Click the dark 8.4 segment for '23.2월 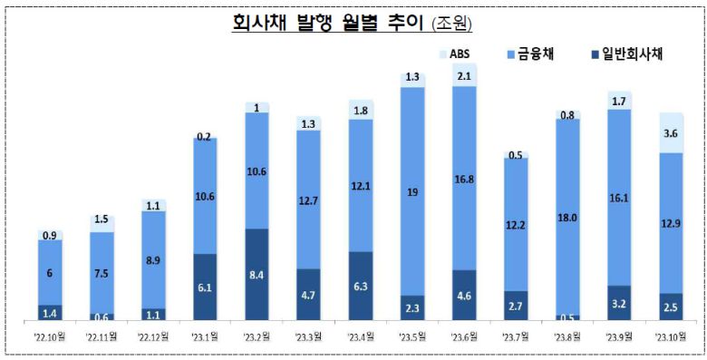(x=257, y=273)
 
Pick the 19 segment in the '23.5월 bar (x=412, y=191)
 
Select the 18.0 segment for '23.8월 (x=567, y=217)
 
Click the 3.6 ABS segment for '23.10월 (x=672, y=133)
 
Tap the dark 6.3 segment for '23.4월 (x=361, y=285)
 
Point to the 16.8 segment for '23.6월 (x=464, y=179)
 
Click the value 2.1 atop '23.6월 (x=464, y=76)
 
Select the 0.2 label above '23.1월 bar (x=206, y=137)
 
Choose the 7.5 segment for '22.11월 (x=102, y=272)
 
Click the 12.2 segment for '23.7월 (x=516, y=224)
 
